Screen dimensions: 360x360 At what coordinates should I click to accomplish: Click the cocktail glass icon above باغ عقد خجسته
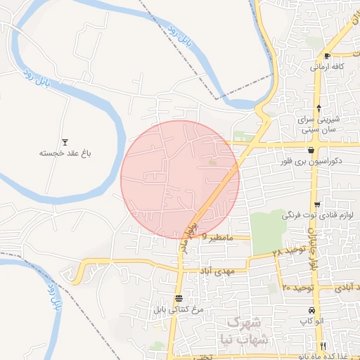[65, 141]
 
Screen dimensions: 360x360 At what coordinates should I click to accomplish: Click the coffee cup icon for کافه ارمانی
[327, 56]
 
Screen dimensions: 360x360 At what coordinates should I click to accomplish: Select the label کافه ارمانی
[327, 67]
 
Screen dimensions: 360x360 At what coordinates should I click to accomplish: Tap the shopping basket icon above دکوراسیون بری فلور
[311, 150]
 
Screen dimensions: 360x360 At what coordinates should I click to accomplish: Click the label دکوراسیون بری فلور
[311, 161]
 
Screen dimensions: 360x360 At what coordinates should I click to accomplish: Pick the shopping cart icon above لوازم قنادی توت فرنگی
[317, 205]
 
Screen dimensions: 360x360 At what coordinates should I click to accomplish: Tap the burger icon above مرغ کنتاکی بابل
[179, 298]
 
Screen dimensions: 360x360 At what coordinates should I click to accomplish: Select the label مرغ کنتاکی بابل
[181, 309]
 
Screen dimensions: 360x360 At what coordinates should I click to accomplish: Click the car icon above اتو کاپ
[311, 311]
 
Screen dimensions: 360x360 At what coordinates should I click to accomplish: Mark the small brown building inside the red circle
[213, 164]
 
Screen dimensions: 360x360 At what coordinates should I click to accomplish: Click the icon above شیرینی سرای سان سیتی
[319, 108]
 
